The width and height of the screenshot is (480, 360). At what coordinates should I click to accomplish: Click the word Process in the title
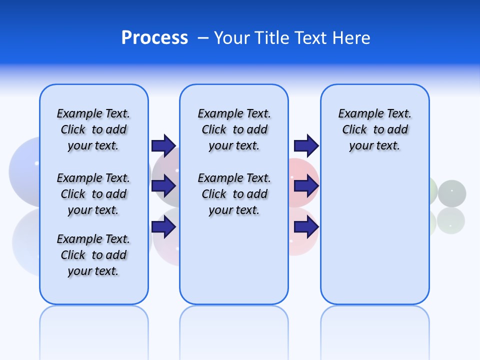154,38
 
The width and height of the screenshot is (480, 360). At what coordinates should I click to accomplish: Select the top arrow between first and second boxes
163,145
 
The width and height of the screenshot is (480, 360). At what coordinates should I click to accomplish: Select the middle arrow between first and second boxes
163,186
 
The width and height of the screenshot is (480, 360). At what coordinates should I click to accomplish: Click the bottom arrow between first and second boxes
163,227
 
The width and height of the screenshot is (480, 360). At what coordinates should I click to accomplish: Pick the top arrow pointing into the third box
306,145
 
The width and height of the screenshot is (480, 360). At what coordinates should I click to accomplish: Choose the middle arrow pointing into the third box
306,186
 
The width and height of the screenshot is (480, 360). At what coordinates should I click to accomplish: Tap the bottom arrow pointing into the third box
306,227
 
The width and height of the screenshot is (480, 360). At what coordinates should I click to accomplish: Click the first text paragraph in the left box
93,129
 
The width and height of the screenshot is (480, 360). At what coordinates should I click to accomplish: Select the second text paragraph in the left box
93,194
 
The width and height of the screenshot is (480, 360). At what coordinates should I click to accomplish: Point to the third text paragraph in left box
93,255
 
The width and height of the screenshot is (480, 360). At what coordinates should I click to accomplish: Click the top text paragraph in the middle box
234,129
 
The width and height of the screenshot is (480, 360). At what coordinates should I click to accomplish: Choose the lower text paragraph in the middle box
234,194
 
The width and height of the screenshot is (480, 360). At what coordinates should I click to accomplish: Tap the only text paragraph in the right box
375,129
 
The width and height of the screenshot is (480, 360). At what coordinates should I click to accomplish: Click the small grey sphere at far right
452,192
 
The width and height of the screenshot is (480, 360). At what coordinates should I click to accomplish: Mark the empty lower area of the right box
375,240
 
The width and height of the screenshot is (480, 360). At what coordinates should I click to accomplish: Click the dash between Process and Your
203,38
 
